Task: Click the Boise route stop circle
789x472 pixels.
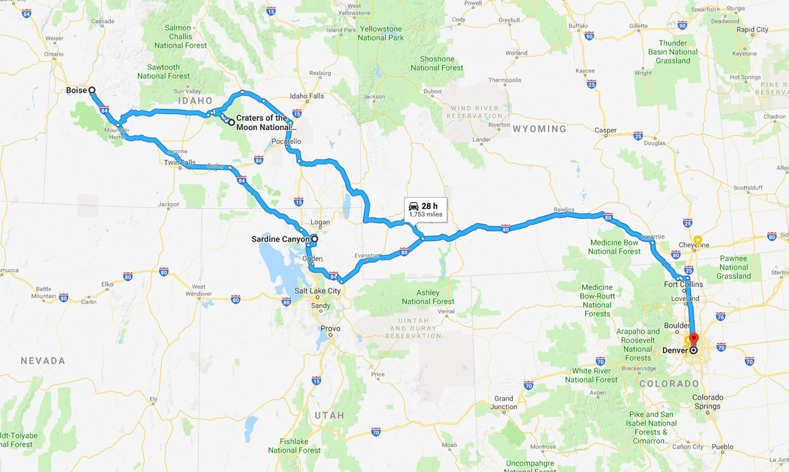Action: point(92,90)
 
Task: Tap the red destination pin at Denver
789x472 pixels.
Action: point(694,338)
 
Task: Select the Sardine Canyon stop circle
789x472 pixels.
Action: point(315,239)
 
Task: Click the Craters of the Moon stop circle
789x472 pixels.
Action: point(232,122)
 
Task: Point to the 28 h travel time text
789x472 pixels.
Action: point(430,206)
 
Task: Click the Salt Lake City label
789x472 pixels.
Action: point(317,291)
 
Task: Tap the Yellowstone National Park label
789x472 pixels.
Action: point(381,33)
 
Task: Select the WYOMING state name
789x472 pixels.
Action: point(539,129)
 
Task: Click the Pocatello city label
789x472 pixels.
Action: point(286,141)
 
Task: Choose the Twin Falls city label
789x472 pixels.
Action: point(180,163)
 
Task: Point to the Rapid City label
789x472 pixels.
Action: point(752,30)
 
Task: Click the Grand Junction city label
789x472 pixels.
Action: point(504,402)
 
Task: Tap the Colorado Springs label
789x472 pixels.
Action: point(707,401)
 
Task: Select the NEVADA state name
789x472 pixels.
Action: point(43,361)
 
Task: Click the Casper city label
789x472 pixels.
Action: point(605,130)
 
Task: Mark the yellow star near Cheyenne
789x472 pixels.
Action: point(697,240)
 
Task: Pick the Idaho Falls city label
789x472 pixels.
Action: point(307,96)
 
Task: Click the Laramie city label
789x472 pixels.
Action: point(653,237)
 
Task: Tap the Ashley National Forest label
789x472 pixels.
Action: point(428,297)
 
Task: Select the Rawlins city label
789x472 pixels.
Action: point(564,210)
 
